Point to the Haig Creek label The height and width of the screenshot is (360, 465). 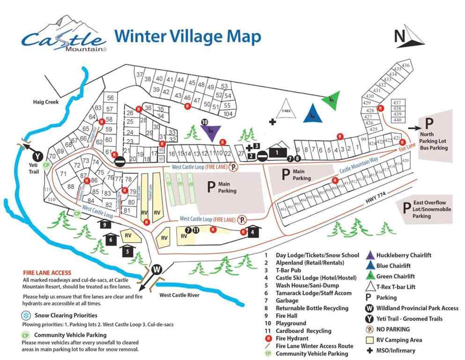46,102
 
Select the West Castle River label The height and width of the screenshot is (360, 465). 179,295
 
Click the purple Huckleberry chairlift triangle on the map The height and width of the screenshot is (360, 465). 212,132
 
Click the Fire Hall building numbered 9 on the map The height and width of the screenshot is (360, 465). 105,225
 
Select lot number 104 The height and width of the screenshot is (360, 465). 228,114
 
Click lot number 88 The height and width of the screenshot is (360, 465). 71,187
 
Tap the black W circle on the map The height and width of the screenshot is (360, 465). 157,270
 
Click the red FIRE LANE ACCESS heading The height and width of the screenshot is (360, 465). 47,272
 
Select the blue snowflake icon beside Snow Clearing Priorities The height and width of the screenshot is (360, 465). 26,315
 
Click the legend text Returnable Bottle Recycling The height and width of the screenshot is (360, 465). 312,308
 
